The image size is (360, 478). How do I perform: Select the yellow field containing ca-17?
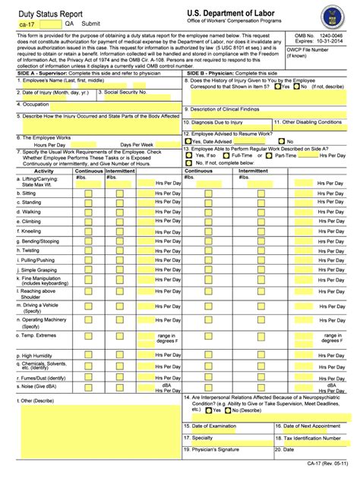[x=36, y=24]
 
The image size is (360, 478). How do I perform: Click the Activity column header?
[x=44, y=171]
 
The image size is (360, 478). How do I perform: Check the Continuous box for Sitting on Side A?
[x=89, y=193]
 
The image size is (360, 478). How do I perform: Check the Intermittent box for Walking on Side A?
[x=121, y=212]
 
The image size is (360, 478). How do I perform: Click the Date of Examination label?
[x=220, y=426]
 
